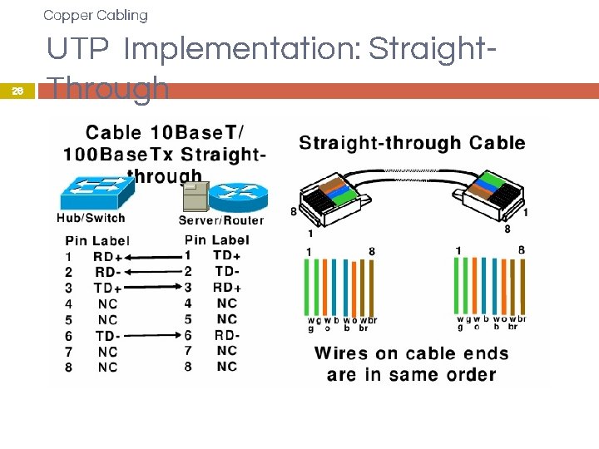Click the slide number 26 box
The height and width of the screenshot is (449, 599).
17,92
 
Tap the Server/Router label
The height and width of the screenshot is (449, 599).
220,220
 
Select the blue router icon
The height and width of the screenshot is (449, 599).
239,196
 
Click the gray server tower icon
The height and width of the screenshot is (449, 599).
195,198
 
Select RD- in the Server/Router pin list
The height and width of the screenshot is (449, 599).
227,335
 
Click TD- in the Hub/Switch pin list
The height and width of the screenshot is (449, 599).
107,336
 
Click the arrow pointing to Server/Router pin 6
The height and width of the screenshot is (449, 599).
154,335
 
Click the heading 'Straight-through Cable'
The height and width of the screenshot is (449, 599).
412,143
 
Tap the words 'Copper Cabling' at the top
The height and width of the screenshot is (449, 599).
95,15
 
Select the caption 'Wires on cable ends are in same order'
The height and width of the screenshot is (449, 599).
411,363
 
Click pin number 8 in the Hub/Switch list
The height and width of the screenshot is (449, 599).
68,368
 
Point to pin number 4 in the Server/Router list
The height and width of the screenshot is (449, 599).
188,303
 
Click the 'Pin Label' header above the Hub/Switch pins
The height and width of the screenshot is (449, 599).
97,240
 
